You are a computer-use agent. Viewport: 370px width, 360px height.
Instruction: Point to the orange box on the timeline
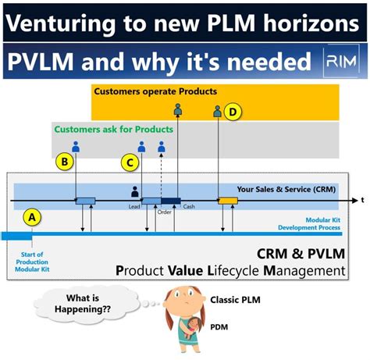pyautogui.click(x=228, y=201)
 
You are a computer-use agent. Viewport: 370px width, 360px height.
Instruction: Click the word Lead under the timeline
pyautogui.click(x=133, y=208)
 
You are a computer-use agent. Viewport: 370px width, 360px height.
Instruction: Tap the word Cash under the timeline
pyautogui.click(x=189, y=207)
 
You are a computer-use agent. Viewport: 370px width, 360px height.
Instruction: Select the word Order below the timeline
pyautogui.click(x=165, y=212)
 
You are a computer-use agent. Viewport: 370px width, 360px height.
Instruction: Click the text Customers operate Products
pyautogui.click(x=155, y=91)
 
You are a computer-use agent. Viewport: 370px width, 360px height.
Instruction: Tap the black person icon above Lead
pyautogui.click(x=134, y=191)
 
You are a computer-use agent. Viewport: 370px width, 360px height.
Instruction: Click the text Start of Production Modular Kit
pyautogui.click(x=31, y=261)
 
